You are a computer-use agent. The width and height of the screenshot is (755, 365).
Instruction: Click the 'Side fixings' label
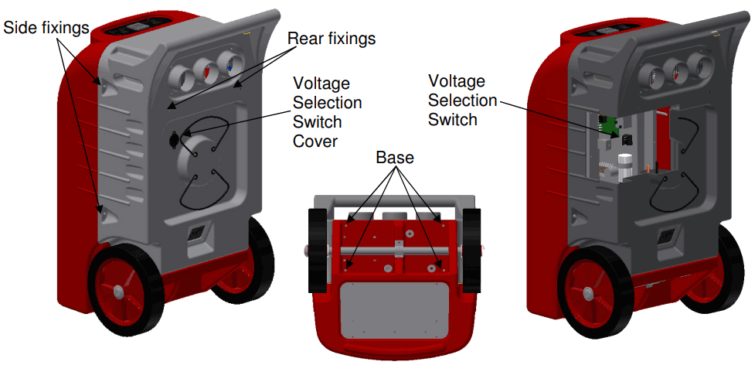coord(46,28)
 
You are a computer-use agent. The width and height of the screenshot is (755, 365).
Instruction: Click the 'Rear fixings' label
coord(331,37)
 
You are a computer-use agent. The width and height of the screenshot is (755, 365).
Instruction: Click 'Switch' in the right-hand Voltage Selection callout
coord(452,120)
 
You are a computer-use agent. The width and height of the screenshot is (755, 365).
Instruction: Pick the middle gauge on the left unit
coord(206,71)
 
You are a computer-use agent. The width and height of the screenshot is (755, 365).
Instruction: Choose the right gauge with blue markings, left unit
coord(227,65)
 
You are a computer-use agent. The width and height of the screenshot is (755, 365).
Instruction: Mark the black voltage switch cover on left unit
coord(174,139)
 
